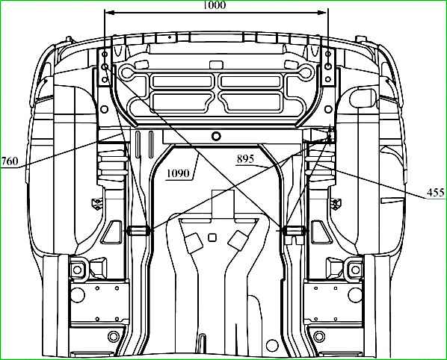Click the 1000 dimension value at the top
[x=215, y=4]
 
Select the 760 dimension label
[x=10, y=161]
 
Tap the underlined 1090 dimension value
[x=178, y=173]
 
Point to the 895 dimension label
[x=245, y=159]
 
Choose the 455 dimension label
[x=436, y=193]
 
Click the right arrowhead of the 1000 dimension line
[x=321, y=13]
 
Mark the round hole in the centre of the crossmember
[x=216, y=136]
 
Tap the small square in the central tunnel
[x=212, y=238]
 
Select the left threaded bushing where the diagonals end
[x=138, y=231]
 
